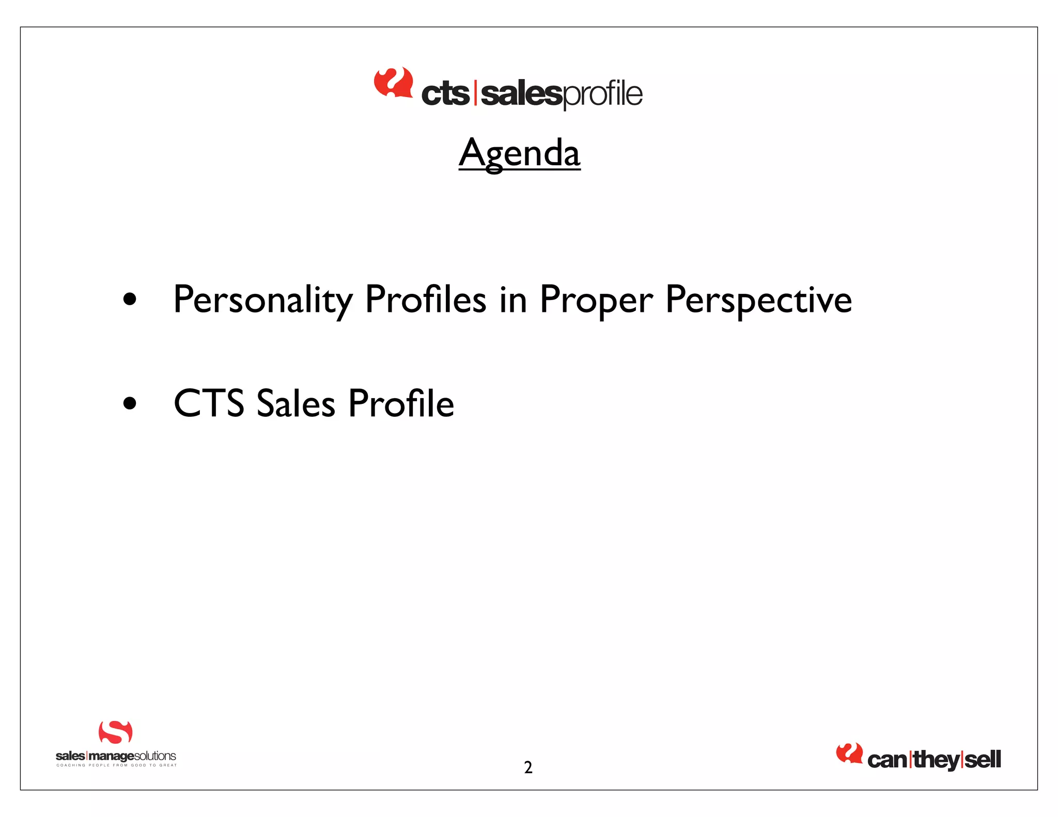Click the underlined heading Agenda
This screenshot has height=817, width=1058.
coord(519,153)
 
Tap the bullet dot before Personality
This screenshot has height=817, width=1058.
coord(130,300)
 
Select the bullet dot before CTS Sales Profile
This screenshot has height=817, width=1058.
coord(130,403)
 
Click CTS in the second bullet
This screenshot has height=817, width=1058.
coord(209,403)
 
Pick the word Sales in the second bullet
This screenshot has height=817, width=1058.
coord(295,403)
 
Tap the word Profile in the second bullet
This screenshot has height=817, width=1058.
coord(401,403)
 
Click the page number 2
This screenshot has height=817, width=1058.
coord(528,767)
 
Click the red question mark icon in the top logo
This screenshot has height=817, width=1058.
coord(393,82)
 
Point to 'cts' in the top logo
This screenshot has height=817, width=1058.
coord(445,94)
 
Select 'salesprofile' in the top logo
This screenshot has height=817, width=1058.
coord(562,94)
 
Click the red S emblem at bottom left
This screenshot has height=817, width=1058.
coord(115,732)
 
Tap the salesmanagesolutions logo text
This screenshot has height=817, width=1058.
coord(116,756)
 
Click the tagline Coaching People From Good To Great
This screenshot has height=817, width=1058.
coord(116,765)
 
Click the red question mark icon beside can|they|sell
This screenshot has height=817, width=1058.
coord(849,753)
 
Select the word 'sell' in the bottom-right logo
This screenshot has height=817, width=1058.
coord(983,760)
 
